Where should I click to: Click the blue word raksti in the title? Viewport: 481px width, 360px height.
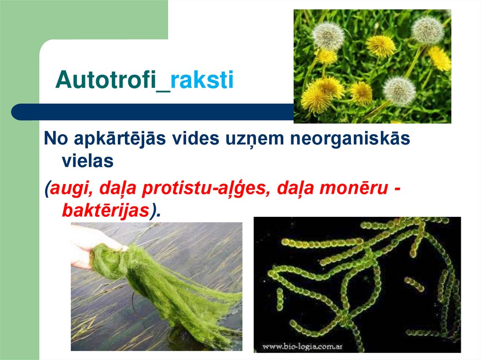click(202, 80)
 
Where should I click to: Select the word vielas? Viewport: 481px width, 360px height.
click(88, 161)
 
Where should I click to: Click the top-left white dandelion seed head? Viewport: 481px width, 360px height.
click(328, 36)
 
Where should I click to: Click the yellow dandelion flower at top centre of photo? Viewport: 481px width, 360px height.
click(380, 46)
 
